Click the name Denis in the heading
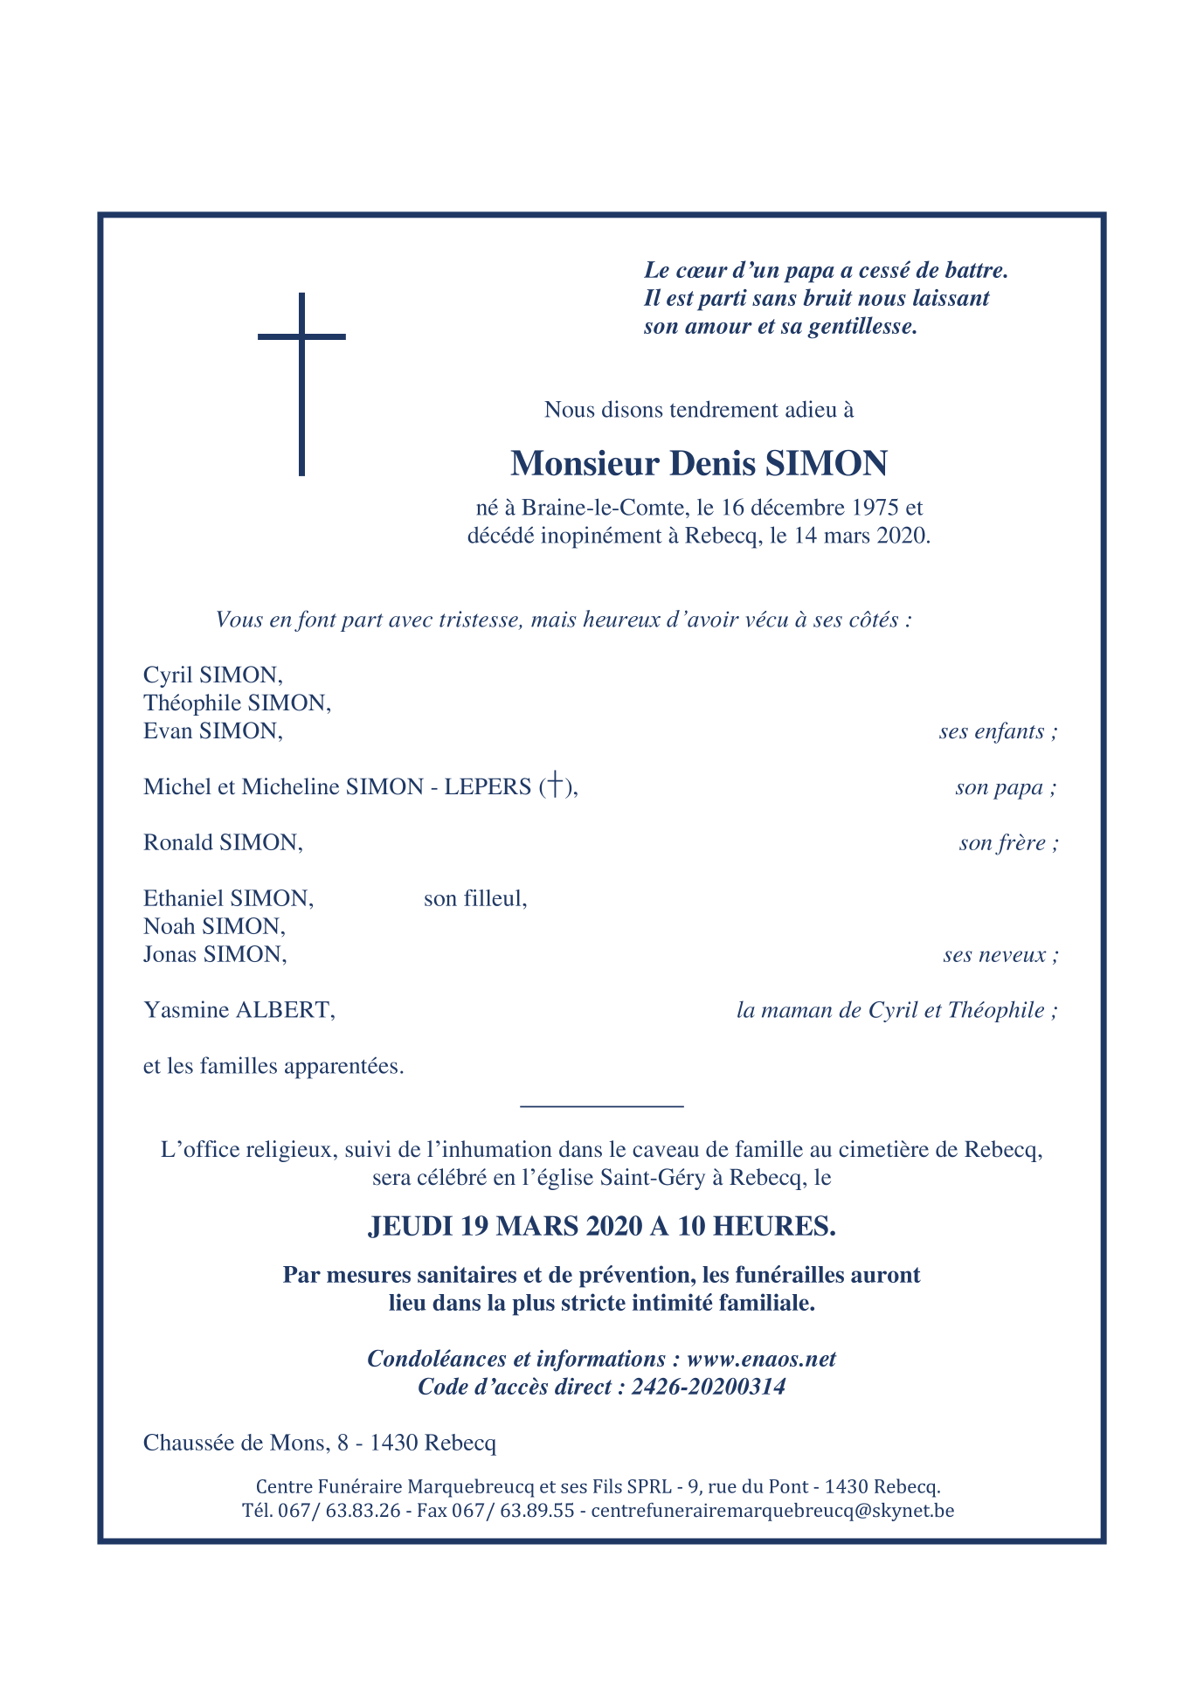[x=712, y=463]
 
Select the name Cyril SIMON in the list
[x=212, y=675]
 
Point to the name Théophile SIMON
[x=237, y=703]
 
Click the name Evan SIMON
[x=212, y=731]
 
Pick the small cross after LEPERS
[x=554, y=786]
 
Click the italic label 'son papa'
[x=1005, y=787]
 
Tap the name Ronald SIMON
[x=223, y=843]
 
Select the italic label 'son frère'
[x=1008, y=843]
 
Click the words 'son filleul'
[x=474, y=898]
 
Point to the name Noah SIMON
[x=214, y=926]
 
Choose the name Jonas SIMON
[x=215, y=954]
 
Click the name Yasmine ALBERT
[x=239, y=1010]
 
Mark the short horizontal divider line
[x=601, y=1107]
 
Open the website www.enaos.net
[x=761, y=1359]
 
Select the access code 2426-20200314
[x=708, y=1387]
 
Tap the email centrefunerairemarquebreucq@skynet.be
[x=772, y=1510]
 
